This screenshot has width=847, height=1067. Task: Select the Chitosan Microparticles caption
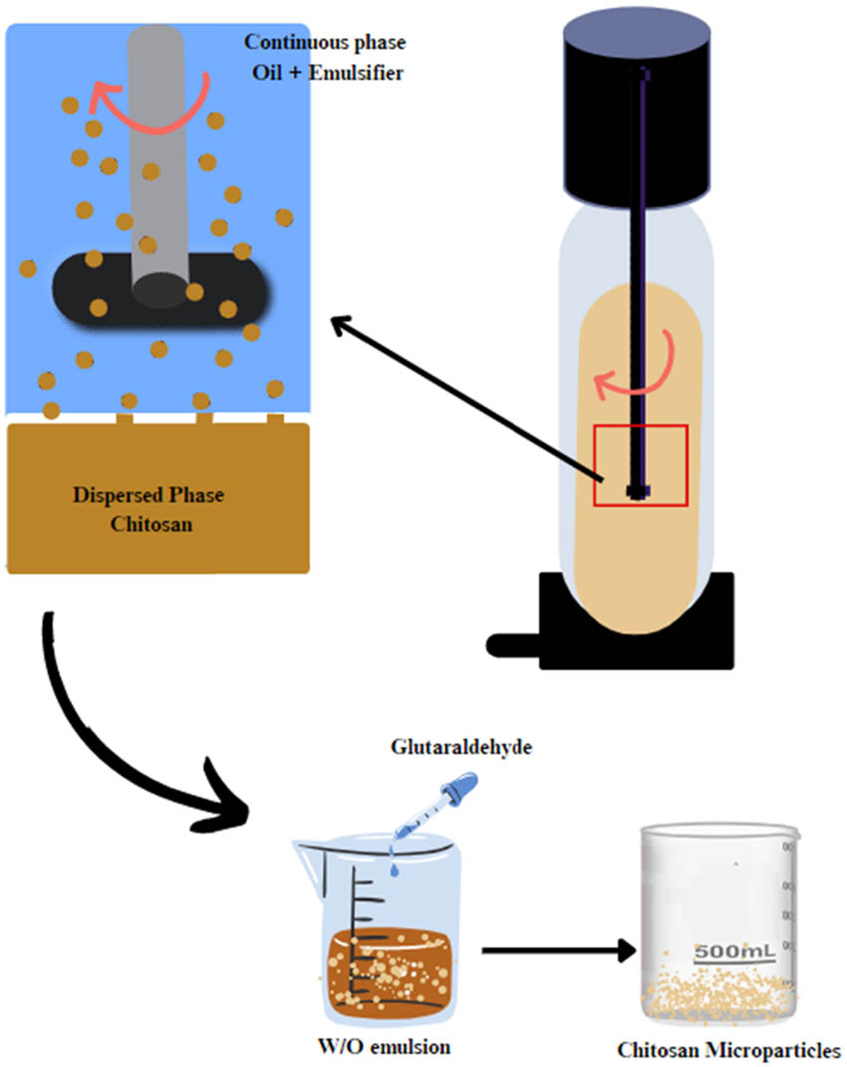click(728, 1050)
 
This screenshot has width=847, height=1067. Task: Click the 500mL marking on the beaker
click(734, 951)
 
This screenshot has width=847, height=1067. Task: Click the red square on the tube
click(640, 465)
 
